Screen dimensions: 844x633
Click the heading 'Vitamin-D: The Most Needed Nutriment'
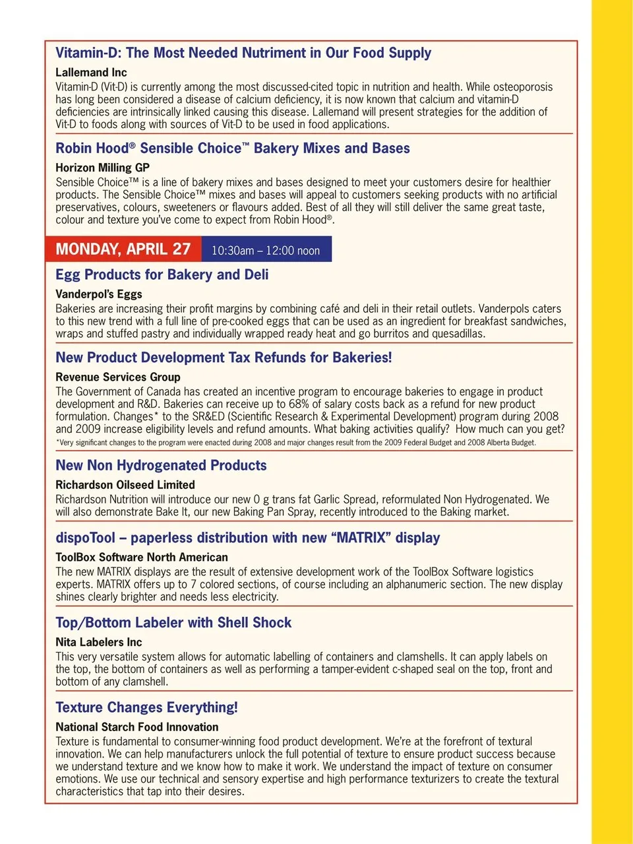point(243,53)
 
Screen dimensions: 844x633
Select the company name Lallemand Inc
point(91,72)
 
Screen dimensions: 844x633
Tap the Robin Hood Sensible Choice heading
point(233,148)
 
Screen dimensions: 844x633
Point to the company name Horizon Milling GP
point(102,168)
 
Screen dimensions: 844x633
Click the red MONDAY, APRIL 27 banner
point(123,249)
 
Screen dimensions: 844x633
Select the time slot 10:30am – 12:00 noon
point(266,251)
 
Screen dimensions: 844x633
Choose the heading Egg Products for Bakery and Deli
point(162,275)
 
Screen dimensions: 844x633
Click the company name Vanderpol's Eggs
point(99,294)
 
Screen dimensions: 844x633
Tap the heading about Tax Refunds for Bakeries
point(224,358)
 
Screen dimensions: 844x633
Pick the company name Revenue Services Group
point(118,377)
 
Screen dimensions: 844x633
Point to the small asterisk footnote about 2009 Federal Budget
point(295,442)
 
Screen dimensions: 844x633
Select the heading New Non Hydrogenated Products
point(161,465)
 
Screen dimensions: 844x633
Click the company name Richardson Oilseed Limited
point(125,484)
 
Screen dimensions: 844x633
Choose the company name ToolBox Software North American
point(142,557)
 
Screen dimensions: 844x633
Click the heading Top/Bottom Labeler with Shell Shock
point(173,622)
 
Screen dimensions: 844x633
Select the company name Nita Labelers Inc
point(99,642)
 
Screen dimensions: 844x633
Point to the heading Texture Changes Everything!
point(146,707)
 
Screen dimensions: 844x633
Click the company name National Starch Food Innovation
point(137,727)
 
